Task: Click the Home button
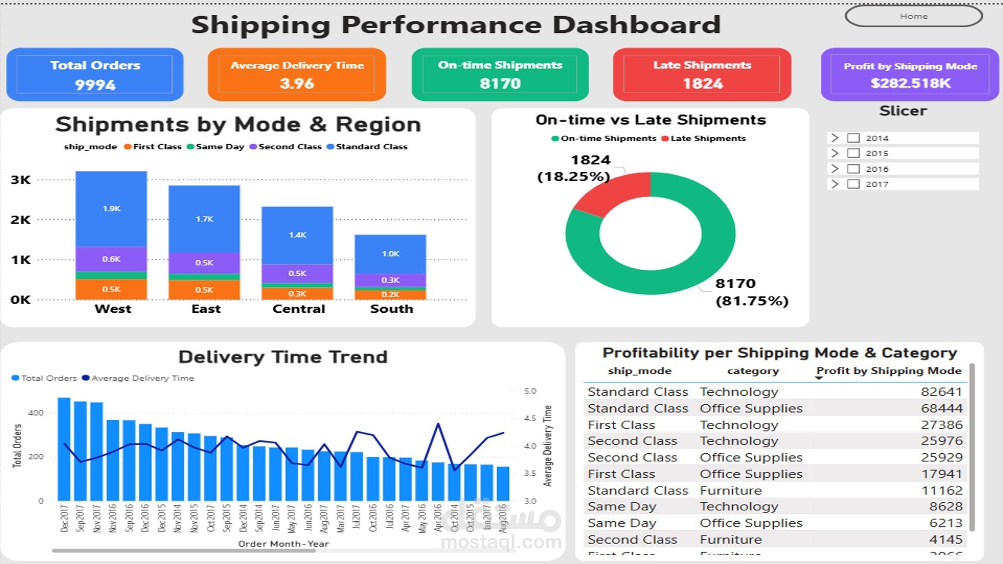point(913,16)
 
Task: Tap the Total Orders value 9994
point(95,85)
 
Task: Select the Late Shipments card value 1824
point(703,84)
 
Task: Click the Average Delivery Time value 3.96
point(297,84)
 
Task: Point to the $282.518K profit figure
point(910,83)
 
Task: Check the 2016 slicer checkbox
point(853,169)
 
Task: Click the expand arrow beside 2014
point(835,138)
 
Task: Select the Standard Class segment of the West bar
point(111,209)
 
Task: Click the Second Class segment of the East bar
point(204,263)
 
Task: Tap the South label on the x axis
point(391,309)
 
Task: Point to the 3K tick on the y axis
point(20,180)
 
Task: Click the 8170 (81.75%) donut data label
point(751,292)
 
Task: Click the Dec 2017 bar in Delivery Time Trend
point(64,449)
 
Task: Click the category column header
point(753,371)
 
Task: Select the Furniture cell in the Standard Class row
point(730,490)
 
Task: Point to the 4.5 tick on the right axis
point(530,418)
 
